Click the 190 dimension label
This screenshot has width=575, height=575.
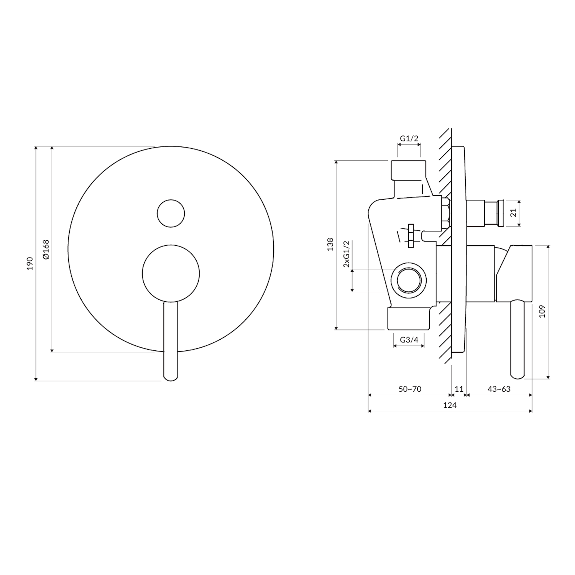[30, 263]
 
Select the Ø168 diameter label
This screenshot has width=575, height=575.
[46, 250]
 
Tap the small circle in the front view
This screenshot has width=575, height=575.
[171, 213]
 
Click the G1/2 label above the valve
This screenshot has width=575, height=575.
[409, 138]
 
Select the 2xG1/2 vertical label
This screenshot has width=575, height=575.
[347, 254]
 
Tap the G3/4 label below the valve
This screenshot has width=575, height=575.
[409, 340]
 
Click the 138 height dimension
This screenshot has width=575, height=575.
[330, 245]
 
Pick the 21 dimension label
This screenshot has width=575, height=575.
[514, 212]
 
